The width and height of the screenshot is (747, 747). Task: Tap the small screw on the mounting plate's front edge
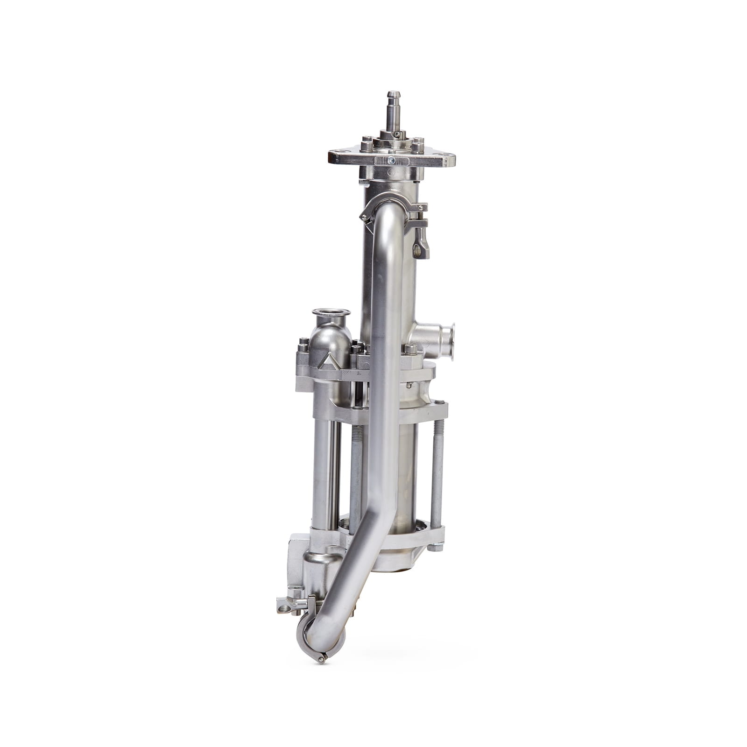click(x=391, y=161)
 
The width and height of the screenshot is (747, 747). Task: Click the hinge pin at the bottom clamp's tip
click(x=321, y=659)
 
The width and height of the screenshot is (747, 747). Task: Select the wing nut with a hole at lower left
click(x=284, y=607)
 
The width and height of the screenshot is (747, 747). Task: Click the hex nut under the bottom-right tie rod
click(x=435, y=547)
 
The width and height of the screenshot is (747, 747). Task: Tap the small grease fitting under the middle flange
click(x=409, y=385)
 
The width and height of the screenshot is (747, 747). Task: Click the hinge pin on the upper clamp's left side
click(x=364, y=216)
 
